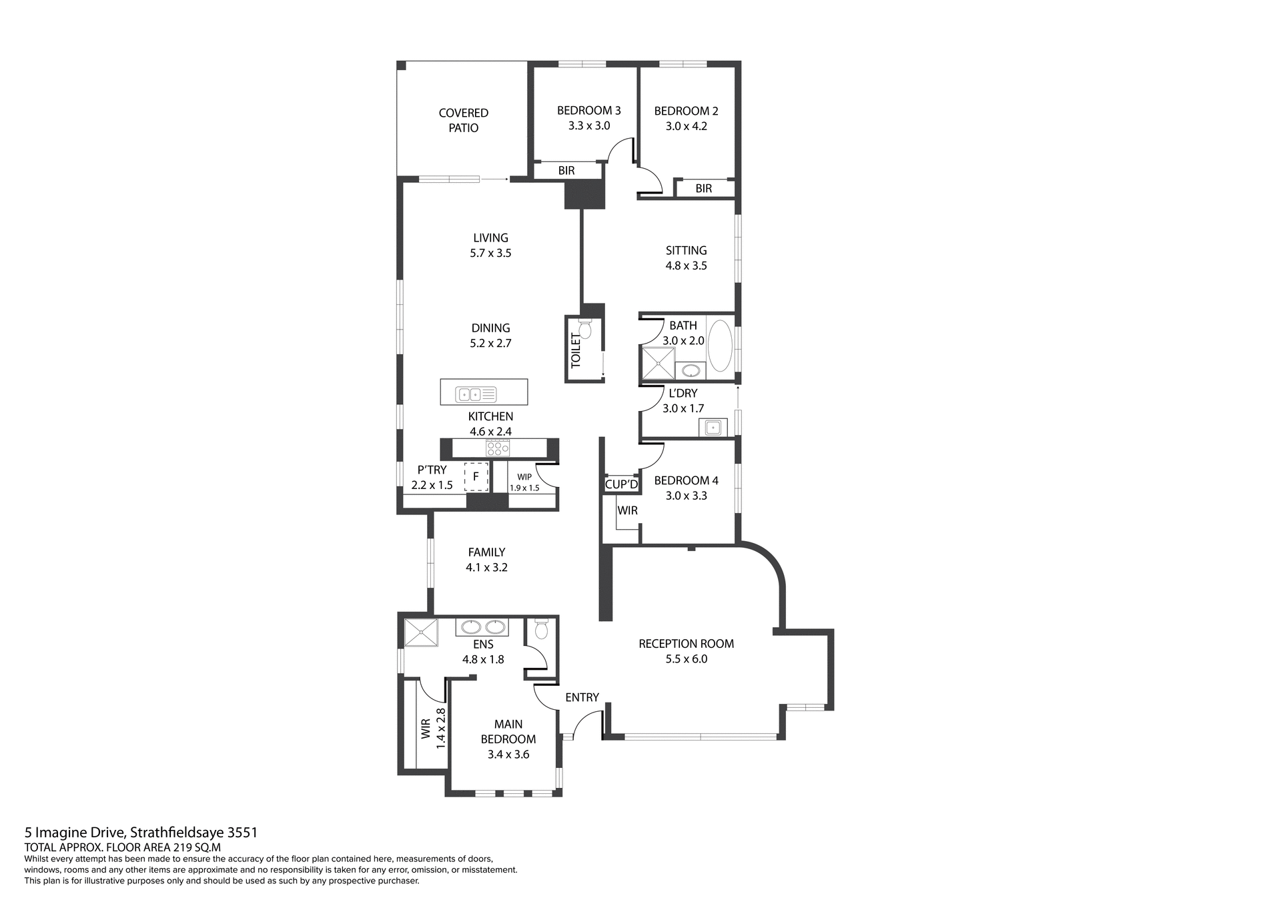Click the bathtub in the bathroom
[719, 346]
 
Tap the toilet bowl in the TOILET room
[585, 330]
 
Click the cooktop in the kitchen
[498, 448]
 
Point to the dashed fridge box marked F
[476, 476]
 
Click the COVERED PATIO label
[463, 120]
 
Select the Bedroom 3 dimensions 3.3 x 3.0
[588, 125]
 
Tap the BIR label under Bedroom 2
[703, 189]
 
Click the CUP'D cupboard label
[621, 484]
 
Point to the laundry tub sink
[713, 427]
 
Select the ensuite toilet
[541, 628]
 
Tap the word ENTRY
[582, 697]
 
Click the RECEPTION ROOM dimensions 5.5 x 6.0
[686, 659]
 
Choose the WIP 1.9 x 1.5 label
[524, 482]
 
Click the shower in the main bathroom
[657, 364]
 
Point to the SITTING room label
[686, 250]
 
